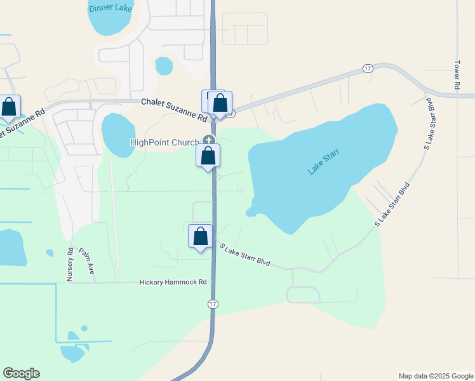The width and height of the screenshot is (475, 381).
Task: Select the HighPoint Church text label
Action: coord(164,143)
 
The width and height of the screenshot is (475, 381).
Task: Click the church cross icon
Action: coord(209,141)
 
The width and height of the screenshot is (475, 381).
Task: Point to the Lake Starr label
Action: coord(324,161)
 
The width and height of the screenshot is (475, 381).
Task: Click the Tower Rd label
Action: coord(457,74)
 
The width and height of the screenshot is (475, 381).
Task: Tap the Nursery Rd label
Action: coord(70,264)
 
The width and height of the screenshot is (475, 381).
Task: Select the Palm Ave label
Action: coord(87,260)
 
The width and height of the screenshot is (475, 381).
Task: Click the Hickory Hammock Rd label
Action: coord(173,282)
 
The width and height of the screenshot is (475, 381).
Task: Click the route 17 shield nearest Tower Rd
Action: coord(368,68)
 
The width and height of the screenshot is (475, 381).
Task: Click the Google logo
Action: coord(21,373)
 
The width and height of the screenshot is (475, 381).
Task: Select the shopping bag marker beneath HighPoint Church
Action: coord(208,156)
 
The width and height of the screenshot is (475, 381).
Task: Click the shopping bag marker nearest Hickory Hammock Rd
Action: coord(201,236)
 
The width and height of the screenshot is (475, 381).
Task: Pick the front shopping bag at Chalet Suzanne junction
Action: coord(220,103)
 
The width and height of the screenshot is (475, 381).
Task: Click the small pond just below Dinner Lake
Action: coord(164,65)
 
